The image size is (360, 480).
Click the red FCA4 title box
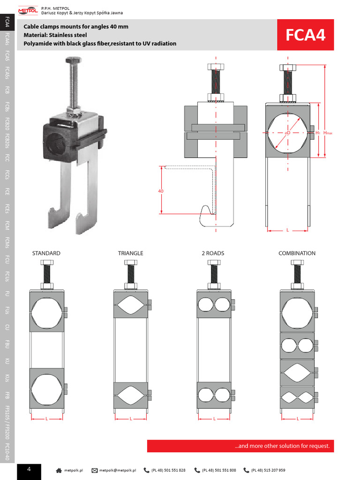tap(305, 35)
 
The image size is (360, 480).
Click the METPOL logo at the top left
tap(28, 9)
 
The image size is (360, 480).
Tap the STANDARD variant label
tap(46, 253)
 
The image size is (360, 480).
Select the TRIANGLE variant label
tap(130, 253)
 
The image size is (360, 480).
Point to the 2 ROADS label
tap(213, 253)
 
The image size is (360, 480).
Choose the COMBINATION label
tap(297, 253)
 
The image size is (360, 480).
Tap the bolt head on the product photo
tap(73, 60)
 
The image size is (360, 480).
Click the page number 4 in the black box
tap(29, 469)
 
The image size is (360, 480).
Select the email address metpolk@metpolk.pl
tap(117, 470)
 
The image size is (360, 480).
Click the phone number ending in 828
tap(168, 470)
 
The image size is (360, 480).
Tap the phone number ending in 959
tap(268, 470)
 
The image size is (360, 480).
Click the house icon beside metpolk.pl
tap(59, 470)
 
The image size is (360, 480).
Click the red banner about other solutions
tap(240, 446)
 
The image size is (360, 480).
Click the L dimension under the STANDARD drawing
tap(47, 418)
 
